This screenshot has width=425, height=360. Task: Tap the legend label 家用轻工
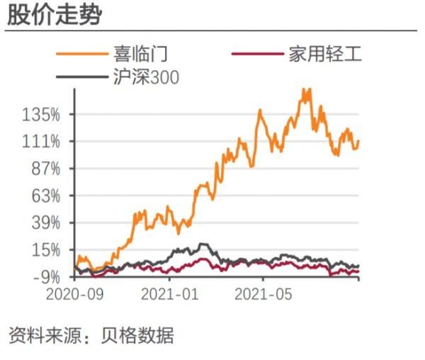(325, 54)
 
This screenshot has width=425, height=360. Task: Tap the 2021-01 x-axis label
(170, 294)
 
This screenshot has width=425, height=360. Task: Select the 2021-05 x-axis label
(263, 294)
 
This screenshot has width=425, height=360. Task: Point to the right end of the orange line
(358, 141)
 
